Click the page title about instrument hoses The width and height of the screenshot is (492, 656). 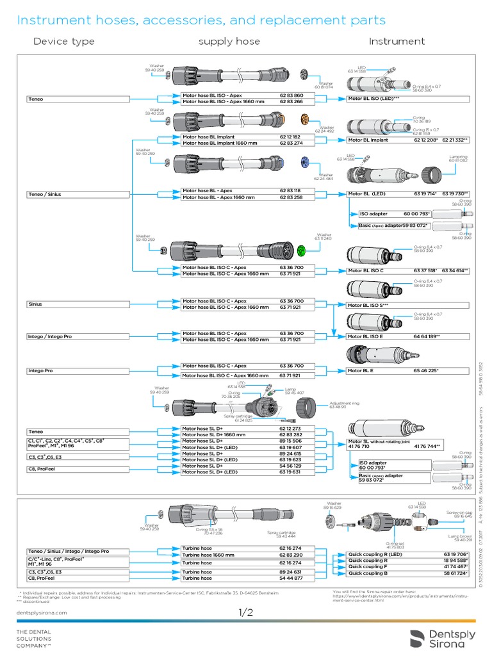tap(201, 20)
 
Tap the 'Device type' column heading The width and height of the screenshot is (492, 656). tap(63, 42)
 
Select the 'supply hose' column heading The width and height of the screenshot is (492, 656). tap(229, 42)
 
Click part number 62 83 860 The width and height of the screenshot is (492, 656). tap(291, 95)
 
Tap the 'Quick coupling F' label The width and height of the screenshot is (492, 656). tap(368, 567)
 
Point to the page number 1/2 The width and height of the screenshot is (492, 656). tap(246, 613)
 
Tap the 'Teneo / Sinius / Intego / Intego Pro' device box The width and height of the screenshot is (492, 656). tap(68, 551)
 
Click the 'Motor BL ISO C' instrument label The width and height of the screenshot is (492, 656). tap(365, 271)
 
